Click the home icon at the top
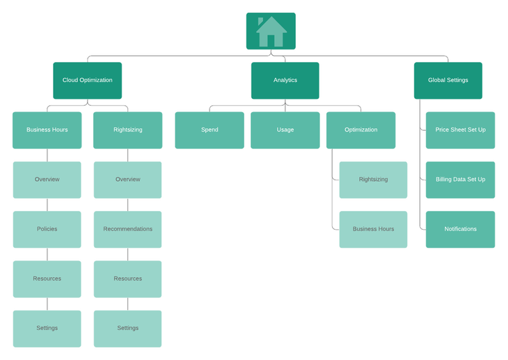click(x=271, y=31)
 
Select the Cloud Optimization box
click(x=87, y=80)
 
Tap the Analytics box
click(x=285, y=80)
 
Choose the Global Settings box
click(x=448, y=80)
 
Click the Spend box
click(x=209, y=130)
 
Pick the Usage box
click(x=285, y=130)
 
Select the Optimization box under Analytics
click(x=360, y=130)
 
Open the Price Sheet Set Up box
click(x=460, y=130)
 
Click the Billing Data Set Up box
click(x=460, y=179)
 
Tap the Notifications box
click(x=460, y=229)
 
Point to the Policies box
click(x=47, y=229)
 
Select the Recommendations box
click(x=127, y=229)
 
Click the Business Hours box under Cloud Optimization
click(x=47, y=130)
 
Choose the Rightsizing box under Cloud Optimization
click(x=127, y=130)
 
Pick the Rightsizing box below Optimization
click(x=373, y=179)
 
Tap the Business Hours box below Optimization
click(x=373, y=229)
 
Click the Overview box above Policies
click(x=47, y=179)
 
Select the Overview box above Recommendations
click(x=127, y=179)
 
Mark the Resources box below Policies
click(x=47, y=279)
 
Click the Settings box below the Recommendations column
click(x=127, y=328)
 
